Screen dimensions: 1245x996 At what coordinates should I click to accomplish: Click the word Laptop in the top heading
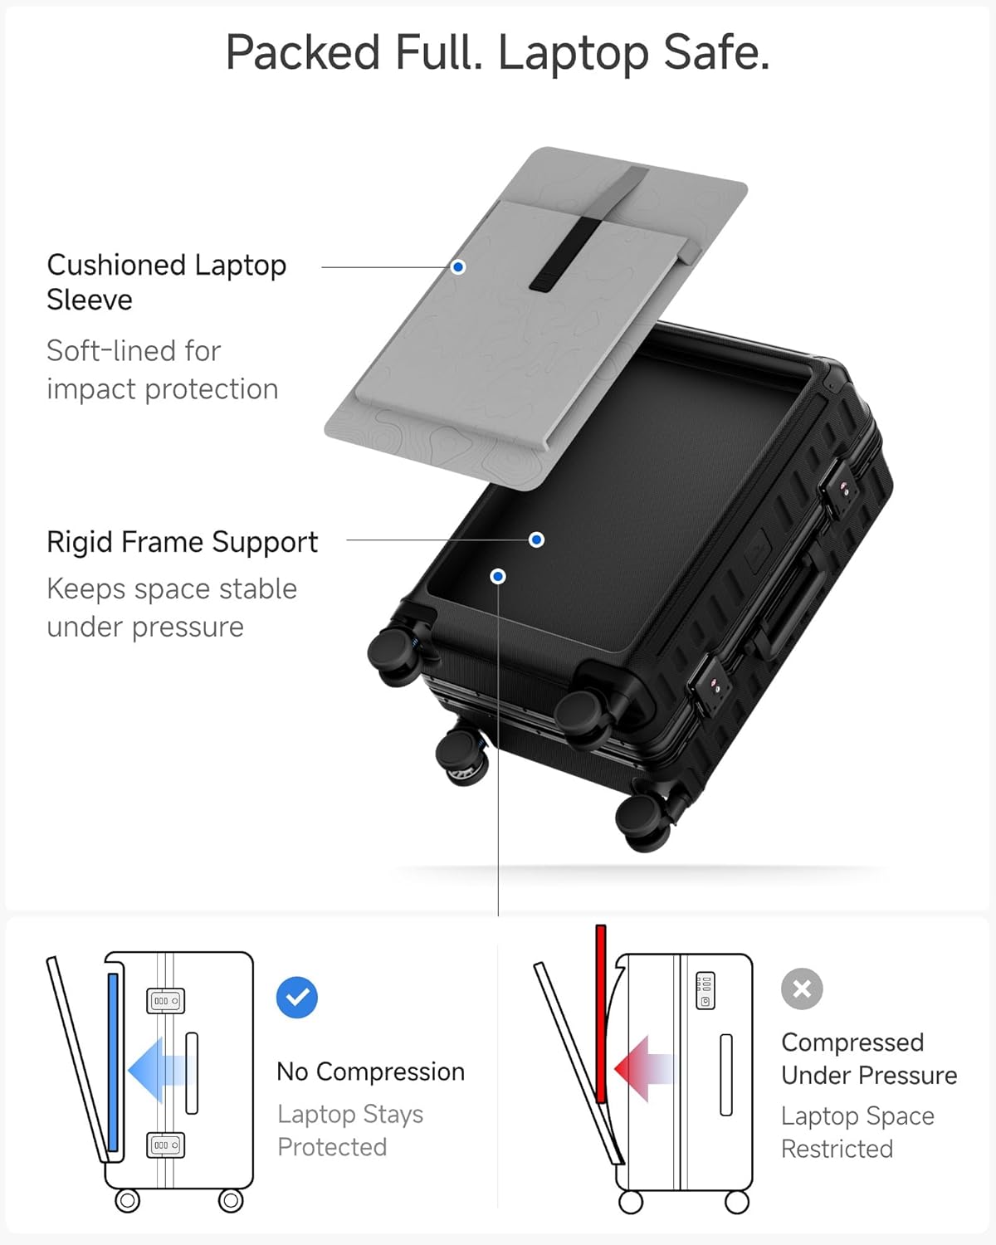click(x=573, y=54)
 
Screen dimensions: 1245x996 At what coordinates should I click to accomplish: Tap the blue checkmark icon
click(x=296, y=997)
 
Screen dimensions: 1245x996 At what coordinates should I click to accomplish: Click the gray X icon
click(x=802, y=989)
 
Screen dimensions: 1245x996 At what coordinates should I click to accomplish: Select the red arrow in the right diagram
click(x=643, y=1069)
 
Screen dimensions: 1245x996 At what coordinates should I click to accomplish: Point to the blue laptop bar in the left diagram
click(x=113, y=1062)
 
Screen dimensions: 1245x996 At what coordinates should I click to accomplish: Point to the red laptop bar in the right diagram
click(x=601, y=1013)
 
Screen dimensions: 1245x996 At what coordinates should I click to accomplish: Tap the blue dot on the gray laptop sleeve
click(x=458, y=267)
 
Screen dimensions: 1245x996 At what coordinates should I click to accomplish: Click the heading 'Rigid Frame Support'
click(x=182, y=542)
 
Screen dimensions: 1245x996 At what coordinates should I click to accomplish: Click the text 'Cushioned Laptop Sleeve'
click(x=166, y=281)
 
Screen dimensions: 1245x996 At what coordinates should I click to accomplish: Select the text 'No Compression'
click(x=370, y=1072)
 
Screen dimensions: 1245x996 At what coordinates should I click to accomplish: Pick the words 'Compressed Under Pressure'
click(x=868, y=1058)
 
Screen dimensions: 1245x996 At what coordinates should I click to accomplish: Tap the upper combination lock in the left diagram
click(x=165, y=1001)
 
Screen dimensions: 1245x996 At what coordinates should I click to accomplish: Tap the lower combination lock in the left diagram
click(x=165, y=1145)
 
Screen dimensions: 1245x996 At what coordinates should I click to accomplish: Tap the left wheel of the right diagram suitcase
click(x=631, y=1201)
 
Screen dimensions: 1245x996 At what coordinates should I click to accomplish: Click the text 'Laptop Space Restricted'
click(x=857, y=1132)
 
